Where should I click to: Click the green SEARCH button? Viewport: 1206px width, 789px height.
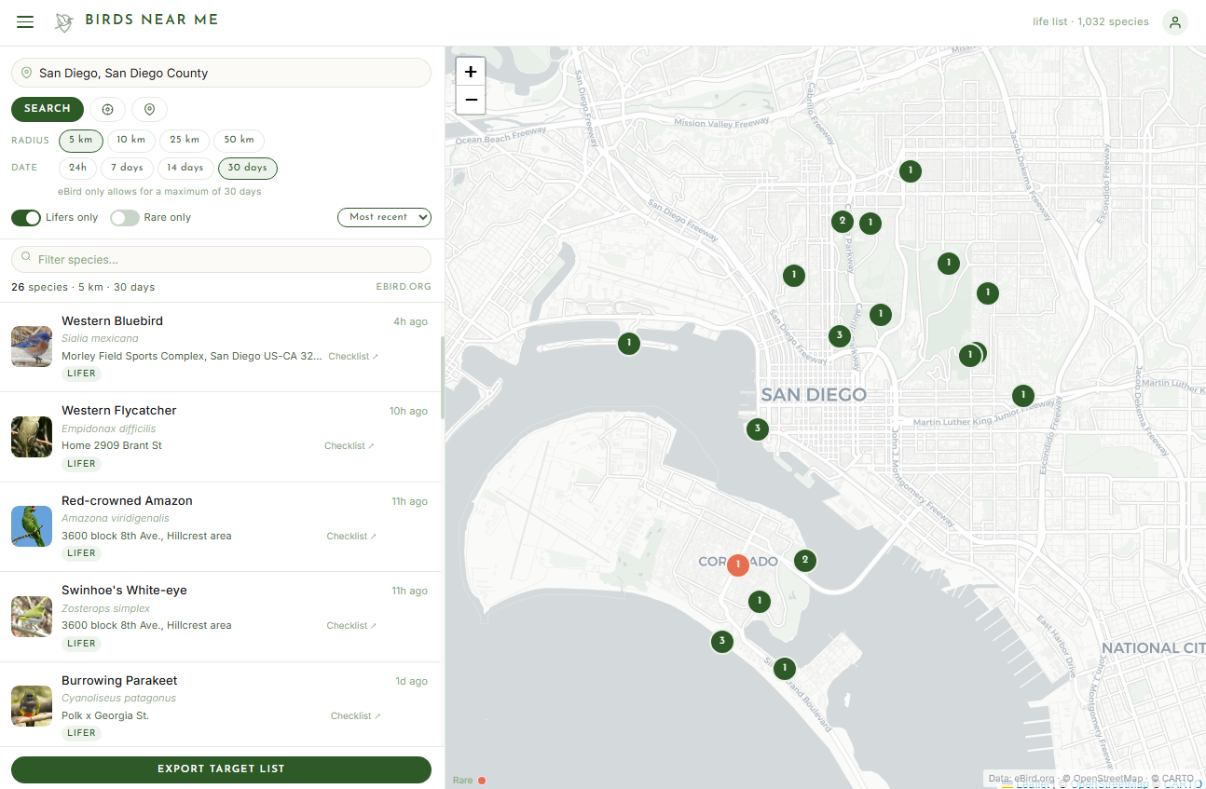point(48,109)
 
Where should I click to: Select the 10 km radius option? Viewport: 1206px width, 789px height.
point(130,141)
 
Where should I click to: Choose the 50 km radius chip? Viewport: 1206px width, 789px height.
point(239,141)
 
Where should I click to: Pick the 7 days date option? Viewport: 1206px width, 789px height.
point(127,169)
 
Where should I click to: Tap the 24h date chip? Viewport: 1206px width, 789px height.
point(77,169)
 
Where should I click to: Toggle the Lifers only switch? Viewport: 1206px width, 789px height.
point(26,218)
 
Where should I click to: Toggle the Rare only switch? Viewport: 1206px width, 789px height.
point(125,218)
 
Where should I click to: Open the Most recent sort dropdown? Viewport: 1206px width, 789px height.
point(384,217)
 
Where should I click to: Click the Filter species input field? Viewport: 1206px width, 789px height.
point(222,260)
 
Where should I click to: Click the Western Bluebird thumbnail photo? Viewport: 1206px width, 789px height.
point(32,347)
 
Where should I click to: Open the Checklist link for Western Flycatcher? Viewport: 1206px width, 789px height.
point(349,446)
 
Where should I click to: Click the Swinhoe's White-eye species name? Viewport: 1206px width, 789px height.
point(124,591)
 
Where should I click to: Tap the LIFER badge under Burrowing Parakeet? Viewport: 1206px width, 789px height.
point(81,733)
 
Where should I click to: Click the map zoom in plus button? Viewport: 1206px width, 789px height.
point(471,72)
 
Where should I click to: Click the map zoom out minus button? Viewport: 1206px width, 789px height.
point(471,100)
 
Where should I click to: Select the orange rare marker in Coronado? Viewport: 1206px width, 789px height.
point(737,565)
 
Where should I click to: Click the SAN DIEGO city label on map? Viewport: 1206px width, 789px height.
point(814,395)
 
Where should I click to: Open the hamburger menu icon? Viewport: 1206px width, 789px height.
point(25,21)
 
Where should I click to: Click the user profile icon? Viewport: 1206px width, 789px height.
point(1175,22)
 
